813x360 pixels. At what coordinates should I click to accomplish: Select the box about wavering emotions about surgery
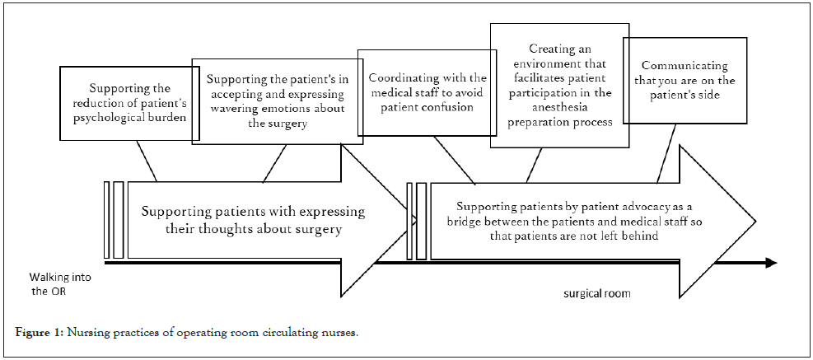coord(265,101)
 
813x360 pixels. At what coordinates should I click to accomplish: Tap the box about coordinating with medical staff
coord(427,92)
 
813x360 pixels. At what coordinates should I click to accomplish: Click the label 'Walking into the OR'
coord(60,284)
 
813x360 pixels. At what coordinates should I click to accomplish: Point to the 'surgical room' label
coord(597,293)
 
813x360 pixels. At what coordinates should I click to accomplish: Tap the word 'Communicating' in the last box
coord(673,65)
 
